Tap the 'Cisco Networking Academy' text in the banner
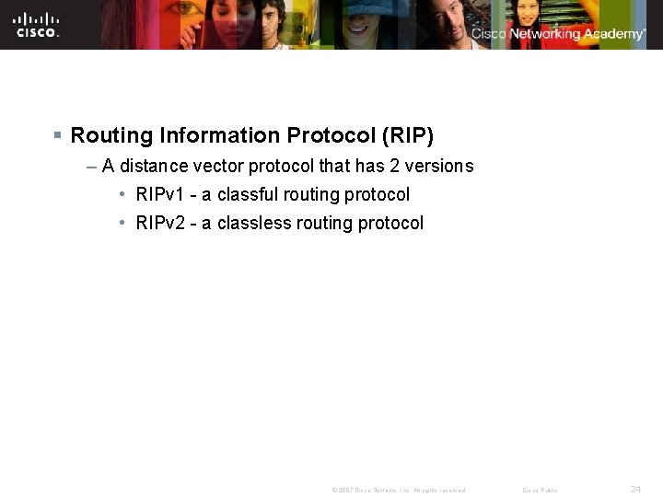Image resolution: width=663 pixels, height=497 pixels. tap(558, 34)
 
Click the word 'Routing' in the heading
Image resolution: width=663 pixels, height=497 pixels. tap(111, 135)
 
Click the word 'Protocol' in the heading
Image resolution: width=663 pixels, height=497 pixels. tap(326, 135)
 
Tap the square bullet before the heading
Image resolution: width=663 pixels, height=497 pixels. tap(57, 135)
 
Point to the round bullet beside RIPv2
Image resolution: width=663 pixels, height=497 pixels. tap(122, 223)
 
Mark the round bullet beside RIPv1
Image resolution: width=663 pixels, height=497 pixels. tap(122, 195)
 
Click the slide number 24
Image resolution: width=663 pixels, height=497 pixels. tap(635, 489)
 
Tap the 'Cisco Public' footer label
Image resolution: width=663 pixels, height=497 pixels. tap(540, 490)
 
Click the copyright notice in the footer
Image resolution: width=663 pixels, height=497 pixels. tap(399, 490)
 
